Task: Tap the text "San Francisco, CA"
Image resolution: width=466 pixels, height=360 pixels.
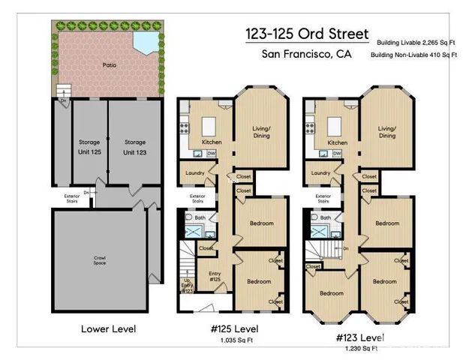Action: pos(306,54)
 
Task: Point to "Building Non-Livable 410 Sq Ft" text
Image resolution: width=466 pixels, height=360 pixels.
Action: pos(414,55)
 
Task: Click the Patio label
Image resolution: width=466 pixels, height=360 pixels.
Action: pos(110,65)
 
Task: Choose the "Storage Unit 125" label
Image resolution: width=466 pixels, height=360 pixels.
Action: pos(90,146)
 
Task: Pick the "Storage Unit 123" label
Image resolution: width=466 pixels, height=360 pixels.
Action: pos(135,146)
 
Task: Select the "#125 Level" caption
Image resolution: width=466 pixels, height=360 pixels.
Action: pos(233,328)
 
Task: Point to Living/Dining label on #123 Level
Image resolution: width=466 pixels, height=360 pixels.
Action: pos(387,132)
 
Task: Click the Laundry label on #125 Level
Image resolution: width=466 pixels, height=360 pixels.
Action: pos(195,173)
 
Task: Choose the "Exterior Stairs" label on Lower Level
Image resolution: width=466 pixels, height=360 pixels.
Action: pos(72,198)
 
